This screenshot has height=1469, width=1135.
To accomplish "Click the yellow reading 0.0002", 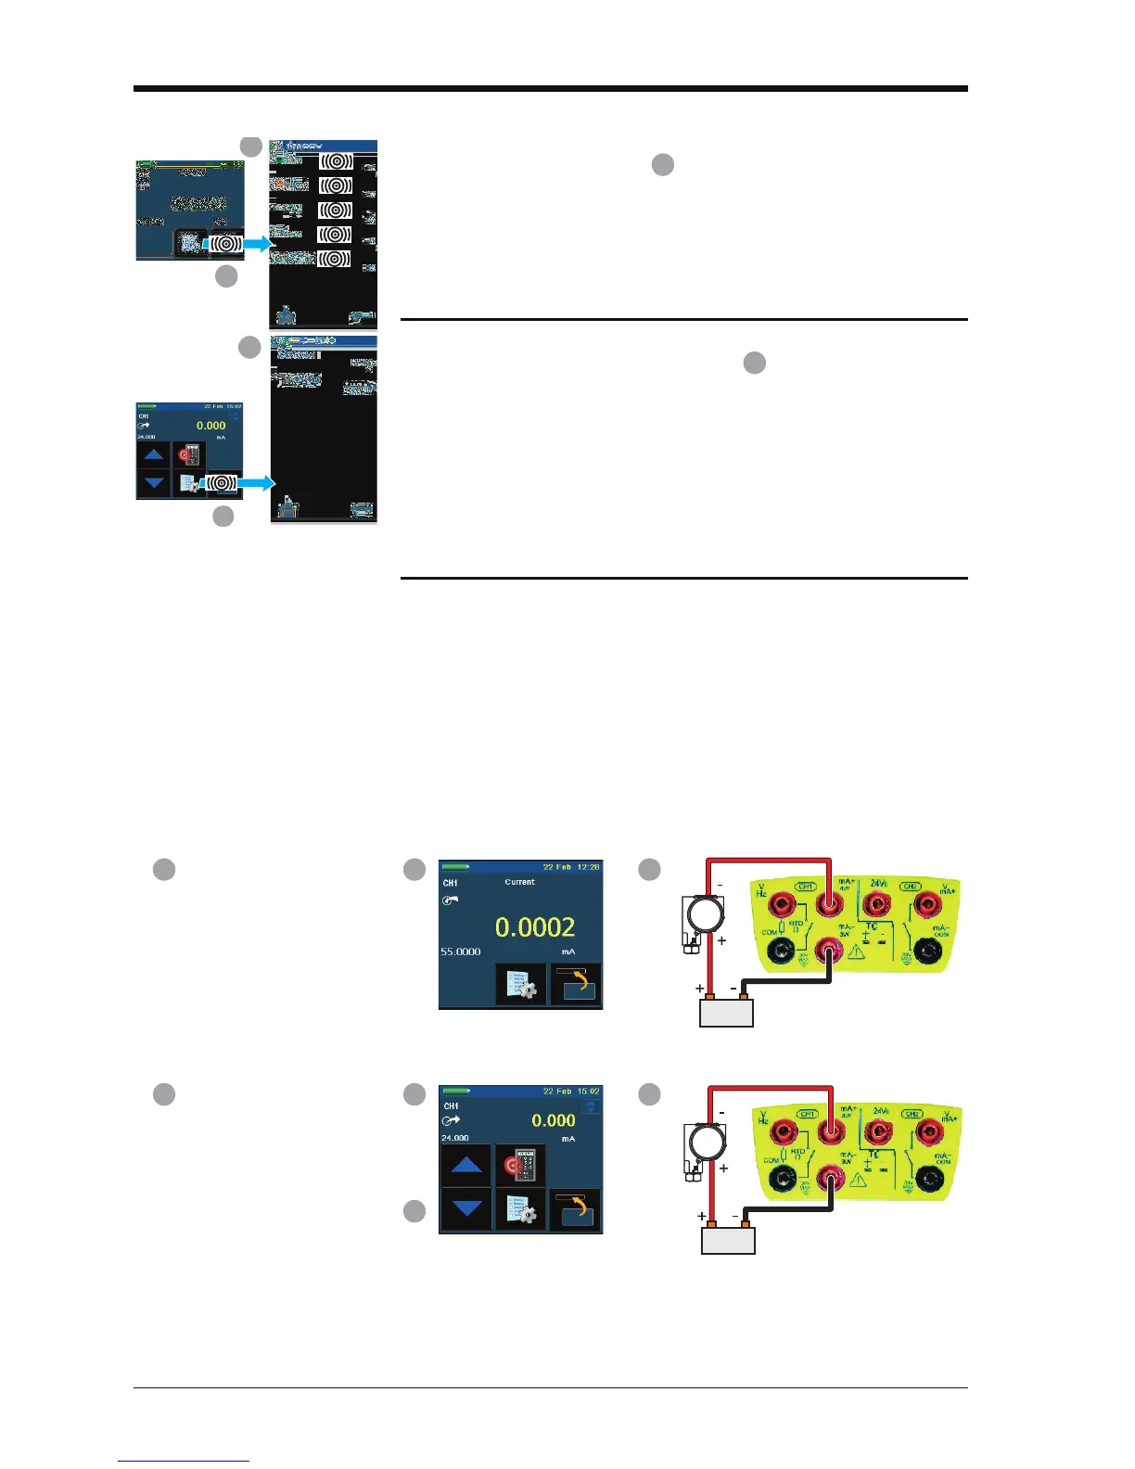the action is (x=535, y=927).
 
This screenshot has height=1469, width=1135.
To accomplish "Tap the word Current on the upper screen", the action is (x=519, y=882).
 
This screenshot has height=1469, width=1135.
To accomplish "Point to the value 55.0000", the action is (x=461, y=952).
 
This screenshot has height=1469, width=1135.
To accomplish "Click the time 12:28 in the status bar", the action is (x=587, y=867).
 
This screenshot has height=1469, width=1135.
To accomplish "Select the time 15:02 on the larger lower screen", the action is (x=587, y=1092).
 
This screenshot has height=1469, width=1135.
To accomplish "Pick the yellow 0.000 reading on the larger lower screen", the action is (x=554, y=1120).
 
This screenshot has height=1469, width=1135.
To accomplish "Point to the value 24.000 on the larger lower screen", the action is (x=455, y=1138).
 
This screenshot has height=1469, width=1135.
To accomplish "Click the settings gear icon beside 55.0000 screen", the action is (x=520, y=985).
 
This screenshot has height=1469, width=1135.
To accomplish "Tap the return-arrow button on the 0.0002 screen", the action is (x=576, y=985).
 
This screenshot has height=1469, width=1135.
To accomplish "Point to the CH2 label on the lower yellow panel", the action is (x=912, y=1114).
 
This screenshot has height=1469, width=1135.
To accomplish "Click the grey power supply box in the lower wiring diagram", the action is (x=729, y=1240).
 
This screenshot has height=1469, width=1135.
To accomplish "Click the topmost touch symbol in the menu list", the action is (x=336, y=161).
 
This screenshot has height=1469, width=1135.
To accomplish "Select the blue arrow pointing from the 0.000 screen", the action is (x=256, y=483).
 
